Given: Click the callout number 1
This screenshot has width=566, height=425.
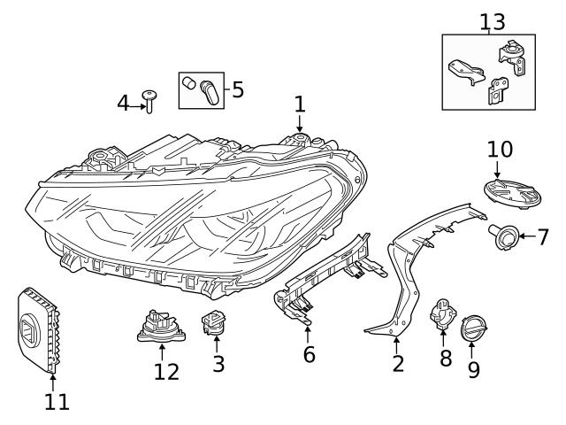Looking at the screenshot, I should tap(300, 104).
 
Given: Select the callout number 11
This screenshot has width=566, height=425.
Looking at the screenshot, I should tap(55, 402).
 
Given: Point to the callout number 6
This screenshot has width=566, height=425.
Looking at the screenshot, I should tap(309, 354).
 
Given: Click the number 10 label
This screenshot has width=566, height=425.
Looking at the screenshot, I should tap(500, 147).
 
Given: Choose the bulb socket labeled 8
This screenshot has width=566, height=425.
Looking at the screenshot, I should tap(441, 315).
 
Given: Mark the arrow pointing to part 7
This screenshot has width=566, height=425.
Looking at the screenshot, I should tap(523, 236).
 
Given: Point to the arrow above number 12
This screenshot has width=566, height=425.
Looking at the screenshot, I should tap(162, 352).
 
